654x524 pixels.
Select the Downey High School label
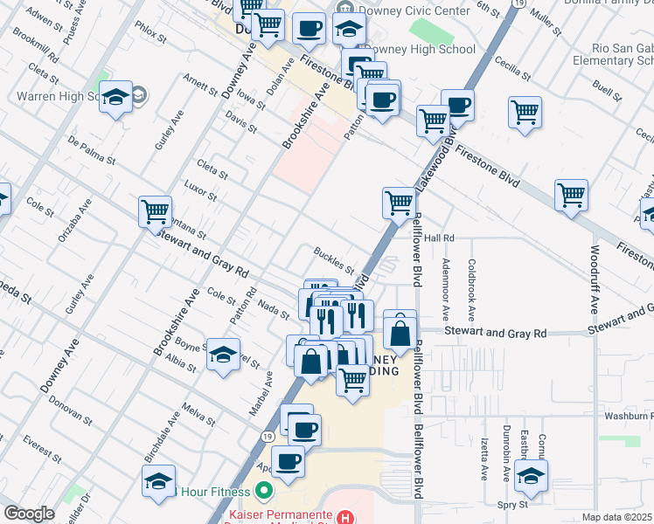[x=419, y=50]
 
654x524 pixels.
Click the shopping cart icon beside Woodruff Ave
[x=571, y=195]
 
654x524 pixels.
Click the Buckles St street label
[x=334, y=259]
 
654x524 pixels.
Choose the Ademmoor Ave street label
[x=446, y=287]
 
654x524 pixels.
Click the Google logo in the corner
[x=29, y=514]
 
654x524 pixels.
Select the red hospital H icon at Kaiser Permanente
[x=348, y=518]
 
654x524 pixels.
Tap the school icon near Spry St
[x=530, y=476]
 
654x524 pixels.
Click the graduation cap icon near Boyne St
[x=223, y=354]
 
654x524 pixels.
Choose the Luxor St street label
[x=201, y=190]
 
